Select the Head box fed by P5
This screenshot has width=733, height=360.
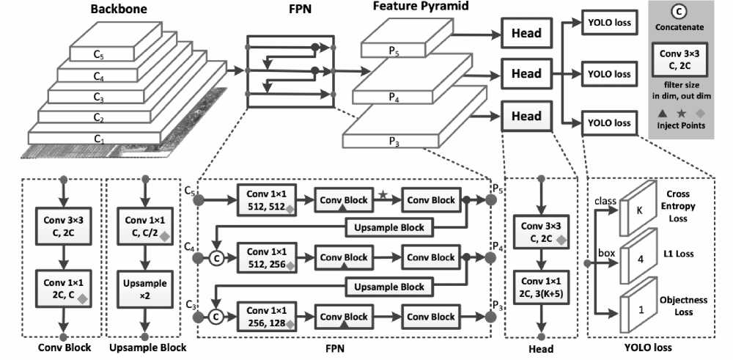click(x=526, y=32)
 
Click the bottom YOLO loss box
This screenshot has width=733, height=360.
click(x=608, y=122)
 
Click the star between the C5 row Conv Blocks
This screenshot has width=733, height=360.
click(x=383, y=194)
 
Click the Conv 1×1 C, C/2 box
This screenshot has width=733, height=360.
click(x=144, y=227)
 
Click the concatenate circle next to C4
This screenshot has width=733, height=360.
click(x=216, y=257)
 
